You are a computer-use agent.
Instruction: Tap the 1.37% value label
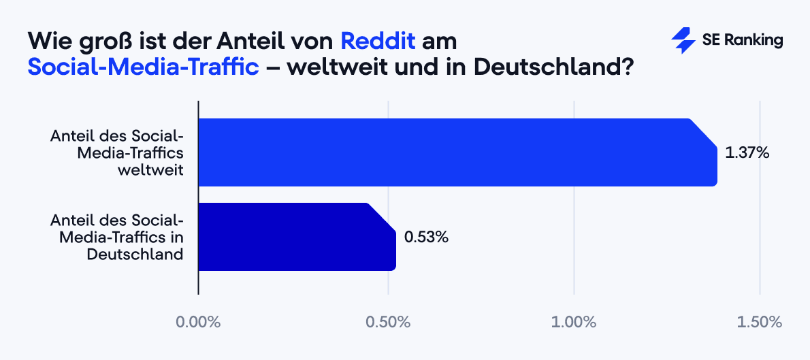tap(747, 153)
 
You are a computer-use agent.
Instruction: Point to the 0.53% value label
tap(426, 238)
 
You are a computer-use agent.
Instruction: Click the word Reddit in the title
tap(378, 40)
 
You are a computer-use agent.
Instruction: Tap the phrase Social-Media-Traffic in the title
tap(144, 67)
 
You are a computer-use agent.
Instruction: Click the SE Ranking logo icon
tap(683, 41)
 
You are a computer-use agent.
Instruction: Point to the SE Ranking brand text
tap(743, 41)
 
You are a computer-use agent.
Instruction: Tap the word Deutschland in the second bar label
tap(135, 255)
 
